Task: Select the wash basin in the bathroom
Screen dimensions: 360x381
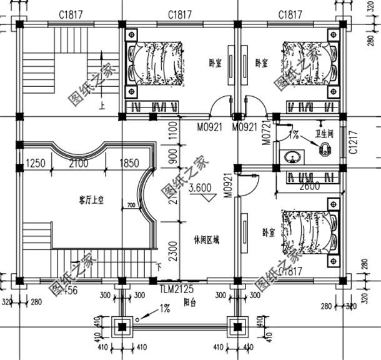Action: coord(292,157)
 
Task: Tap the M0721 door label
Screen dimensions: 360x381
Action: coord(266,132)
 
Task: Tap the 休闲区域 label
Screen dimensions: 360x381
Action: coord(207,239)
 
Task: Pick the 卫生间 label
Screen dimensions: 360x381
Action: coord(325,133)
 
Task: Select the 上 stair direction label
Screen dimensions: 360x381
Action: coord(101,106)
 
